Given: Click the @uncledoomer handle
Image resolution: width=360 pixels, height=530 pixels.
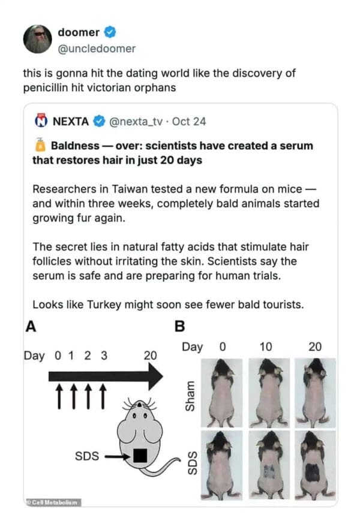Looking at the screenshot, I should (97, 48).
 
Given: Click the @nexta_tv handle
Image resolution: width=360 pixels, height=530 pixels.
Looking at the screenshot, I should (136, 121).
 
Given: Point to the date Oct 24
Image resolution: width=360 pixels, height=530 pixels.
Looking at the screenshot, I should (189, 121).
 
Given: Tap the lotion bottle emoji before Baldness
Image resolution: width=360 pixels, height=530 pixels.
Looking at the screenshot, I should (40, 146).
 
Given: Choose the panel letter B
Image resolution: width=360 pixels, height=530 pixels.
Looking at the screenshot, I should (179, 327).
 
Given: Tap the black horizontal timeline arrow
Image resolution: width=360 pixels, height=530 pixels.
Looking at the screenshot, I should (105, 376).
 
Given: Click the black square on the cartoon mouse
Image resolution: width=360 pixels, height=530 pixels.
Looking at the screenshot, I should (140, 456).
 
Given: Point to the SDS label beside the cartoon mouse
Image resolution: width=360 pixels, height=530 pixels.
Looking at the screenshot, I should (86, 456).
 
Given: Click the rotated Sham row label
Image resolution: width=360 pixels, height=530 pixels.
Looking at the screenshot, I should (191, 394).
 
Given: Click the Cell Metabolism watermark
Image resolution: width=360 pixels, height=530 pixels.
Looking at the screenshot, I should (52, 502).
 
